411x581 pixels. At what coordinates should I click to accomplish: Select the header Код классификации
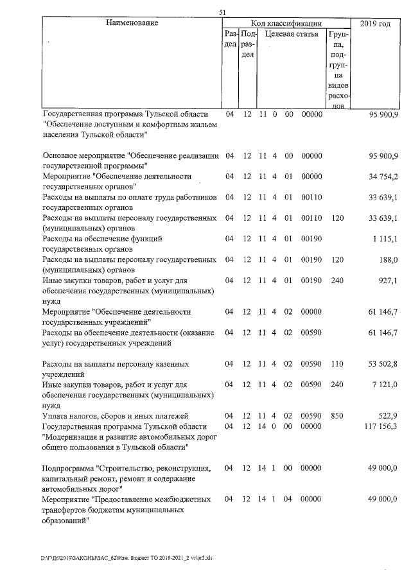286,23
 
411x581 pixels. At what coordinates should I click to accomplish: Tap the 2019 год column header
376,23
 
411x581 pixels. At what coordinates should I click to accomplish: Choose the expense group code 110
338,364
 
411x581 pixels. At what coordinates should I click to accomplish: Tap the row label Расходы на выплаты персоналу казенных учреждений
116,369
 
